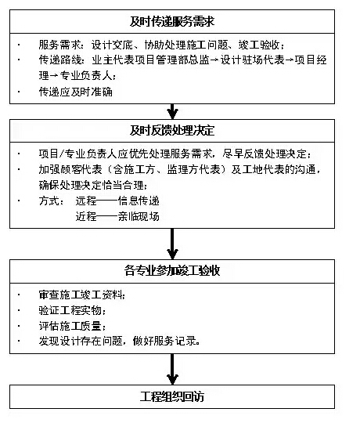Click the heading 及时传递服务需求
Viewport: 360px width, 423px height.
point(172,22)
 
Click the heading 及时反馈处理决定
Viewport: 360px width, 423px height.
point(172,131)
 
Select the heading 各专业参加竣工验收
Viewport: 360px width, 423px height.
point(172,270)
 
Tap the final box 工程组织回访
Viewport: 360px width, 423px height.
point(172,396)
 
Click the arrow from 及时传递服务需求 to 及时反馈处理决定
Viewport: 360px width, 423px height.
point(172,111)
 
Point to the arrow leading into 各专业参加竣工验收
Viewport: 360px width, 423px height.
point(172,244)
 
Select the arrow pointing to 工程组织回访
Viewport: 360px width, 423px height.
point(172,369)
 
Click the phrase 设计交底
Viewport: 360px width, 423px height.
point(112,45)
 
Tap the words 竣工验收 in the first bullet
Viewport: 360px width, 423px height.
point(259,45)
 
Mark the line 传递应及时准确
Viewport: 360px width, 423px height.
point(75,92)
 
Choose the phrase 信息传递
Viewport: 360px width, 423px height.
point(139,201)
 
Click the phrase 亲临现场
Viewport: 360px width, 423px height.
point(139,216)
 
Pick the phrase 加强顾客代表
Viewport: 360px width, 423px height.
point(70,169)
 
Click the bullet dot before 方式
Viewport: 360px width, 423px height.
point(19,201)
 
